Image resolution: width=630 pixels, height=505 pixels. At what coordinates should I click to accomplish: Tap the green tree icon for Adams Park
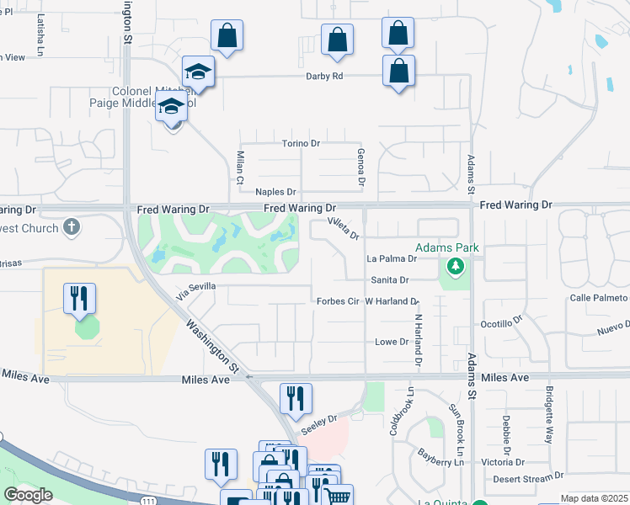pos(456,268)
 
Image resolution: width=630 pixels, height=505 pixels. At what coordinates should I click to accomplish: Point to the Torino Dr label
pos(301,143)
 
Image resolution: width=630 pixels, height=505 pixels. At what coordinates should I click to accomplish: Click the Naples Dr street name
pos(276,193)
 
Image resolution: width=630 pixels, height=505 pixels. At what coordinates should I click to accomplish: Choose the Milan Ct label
pos(240,168)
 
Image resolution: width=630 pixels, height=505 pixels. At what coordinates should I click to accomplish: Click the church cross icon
pos(72,227)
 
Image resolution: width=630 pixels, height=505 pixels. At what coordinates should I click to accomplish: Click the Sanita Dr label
pos(389,279)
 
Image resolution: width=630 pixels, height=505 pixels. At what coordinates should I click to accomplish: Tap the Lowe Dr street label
pos(391,342)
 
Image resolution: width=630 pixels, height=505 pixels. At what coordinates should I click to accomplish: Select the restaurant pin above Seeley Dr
pos(296,398)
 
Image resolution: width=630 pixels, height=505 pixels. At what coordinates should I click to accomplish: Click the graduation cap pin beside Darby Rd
pos(198,72)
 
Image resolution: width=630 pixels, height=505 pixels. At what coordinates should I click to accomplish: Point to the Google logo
pos(28,495)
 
